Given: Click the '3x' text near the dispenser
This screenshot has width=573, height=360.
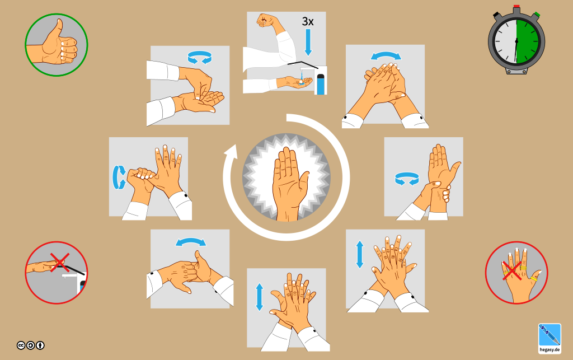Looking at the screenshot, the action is click(x=308, y=22).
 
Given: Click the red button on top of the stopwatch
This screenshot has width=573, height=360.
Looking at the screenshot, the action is click(x=516, y=7).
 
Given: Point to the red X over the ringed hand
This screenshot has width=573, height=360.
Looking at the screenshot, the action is click(x=512, y=271).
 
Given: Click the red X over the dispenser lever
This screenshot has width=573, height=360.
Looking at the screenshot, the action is click(x=59, y=263).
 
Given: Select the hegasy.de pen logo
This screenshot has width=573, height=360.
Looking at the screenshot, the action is click(x=549, y=338).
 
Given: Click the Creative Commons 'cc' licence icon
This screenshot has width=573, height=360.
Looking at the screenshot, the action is click(x=21, y=345).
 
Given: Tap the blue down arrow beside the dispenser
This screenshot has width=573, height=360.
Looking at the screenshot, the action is click(x=308, y=42).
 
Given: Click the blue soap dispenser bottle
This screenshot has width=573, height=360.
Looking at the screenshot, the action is click(x=321, y=84).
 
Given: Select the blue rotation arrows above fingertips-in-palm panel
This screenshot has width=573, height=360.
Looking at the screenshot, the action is click(x=200, y=57).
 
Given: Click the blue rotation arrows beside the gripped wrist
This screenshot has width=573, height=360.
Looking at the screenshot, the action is click(x=407, y=179).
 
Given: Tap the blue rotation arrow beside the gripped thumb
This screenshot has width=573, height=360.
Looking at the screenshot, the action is click(x=119, y=177).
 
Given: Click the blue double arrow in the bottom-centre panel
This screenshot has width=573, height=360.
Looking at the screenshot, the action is click(x=260, y=297).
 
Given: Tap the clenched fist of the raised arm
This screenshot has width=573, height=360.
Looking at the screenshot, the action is click(x=266, y=21).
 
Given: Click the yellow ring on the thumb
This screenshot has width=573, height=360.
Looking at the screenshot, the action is click(x=534, y=279).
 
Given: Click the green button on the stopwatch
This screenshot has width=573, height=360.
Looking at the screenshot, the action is click(x=536, y=15).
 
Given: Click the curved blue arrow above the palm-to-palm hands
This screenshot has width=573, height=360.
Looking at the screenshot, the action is click(x=386, y=56).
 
